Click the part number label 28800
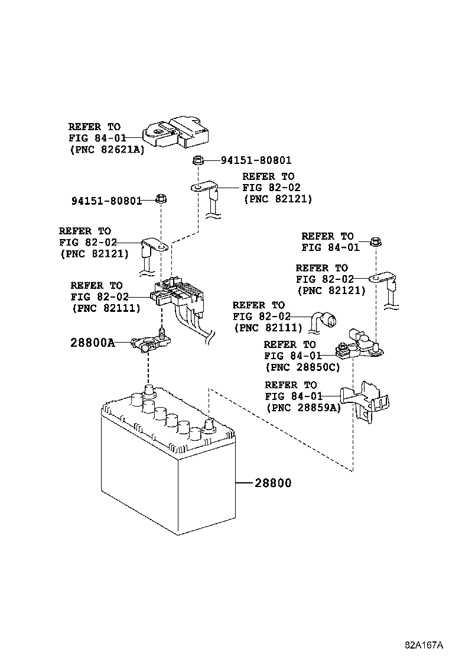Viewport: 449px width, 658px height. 273,483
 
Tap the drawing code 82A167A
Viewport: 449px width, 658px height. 424,644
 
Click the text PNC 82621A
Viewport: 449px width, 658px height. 106,150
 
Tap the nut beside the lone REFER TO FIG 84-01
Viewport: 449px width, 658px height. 374,241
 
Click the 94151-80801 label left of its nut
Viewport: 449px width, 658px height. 106,201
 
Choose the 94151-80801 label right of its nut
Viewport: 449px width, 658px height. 256,160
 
